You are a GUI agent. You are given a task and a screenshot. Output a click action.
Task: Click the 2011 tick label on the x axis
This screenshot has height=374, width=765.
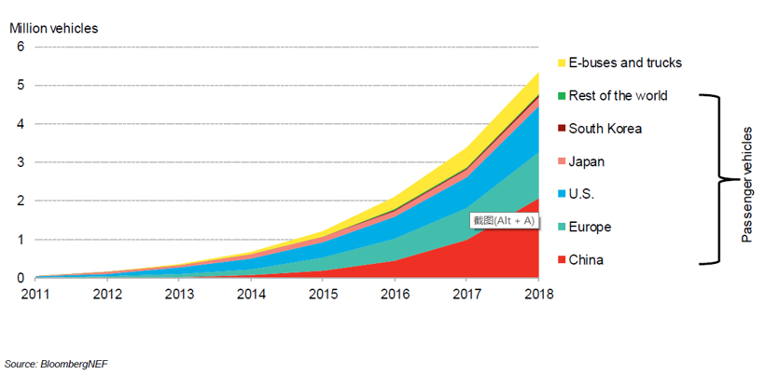(35, 294)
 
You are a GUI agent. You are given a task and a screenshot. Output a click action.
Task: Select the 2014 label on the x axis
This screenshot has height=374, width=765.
(250, 294)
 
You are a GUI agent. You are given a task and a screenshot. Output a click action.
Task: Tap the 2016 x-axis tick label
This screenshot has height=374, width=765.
(395, 294)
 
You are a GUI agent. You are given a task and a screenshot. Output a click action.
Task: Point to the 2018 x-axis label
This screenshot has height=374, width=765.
(538, 294)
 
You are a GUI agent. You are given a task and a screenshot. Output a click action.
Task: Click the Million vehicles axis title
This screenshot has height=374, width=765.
(54, 27)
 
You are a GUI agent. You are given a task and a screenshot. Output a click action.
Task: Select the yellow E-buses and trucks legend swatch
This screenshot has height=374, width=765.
(562, 63)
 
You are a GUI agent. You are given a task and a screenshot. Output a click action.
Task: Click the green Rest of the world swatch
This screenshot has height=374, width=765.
(562, 96)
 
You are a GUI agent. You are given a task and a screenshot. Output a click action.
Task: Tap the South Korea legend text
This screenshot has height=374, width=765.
(605, 129)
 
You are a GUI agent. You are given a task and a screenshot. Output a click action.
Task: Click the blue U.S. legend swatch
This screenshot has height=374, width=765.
(562, 195)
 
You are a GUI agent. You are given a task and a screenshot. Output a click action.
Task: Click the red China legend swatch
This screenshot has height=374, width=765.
(562, 260)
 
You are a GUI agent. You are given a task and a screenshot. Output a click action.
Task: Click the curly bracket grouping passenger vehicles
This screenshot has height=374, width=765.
(720, 178)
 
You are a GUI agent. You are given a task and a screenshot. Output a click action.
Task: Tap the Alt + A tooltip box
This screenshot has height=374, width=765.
(504, 221)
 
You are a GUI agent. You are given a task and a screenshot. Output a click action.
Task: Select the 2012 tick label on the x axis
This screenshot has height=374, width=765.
(106, 294)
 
